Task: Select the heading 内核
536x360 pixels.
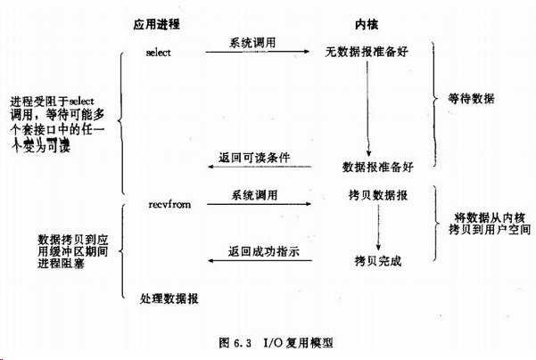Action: click(x=369, y=24)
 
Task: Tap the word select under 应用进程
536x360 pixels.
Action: click(x=157, y=53)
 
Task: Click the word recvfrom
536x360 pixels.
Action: click(x=168, y=204)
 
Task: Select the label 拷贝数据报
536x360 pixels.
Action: click(x=379, y=193)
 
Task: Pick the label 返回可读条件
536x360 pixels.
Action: click(x=254, y=158)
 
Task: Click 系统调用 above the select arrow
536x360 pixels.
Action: click(x=254, y=42)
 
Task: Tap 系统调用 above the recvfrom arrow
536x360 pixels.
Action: click(x=254, y=193)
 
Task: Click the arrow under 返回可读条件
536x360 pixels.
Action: click(x=258, y=168)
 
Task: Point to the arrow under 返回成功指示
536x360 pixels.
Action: click(x=258, y=262)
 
